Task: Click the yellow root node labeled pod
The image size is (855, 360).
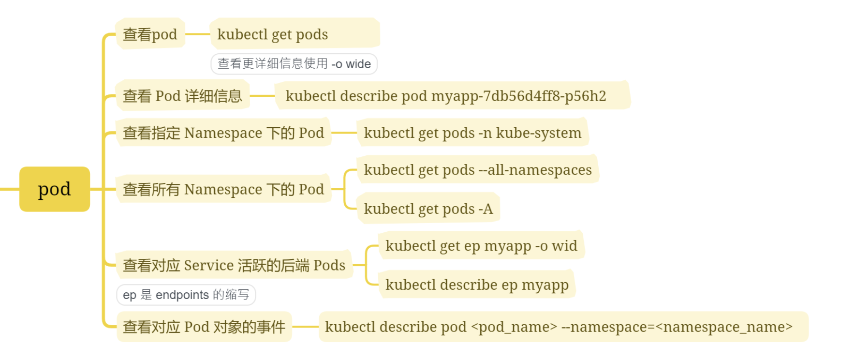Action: click(55, 189)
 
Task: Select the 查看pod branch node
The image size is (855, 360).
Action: click(150, 34)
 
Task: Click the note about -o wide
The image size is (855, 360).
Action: click(294, 64)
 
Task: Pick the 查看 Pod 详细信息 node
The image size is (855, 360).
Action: click(182, 96)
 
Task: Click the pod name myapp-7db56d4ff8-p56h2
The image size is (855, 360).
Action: click(518, 96)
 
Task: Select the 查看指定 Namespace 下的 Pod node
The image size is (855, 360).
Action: click(223, 133)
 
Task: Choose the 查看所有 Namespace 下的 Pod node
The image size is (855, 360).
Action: click(223, 189)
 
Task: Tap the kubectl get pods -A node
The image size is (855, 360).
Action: click(428, 209)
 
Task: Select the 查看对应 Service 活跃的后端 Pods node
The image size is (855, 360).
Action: click(234, 265)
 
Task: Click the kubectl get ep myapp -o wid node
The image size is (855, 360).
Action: click(481, 246)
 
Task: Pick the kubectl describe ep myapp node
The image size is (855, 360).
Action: click(477, 285)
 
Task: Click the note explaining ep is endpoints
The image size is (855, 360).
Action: click(186, 295)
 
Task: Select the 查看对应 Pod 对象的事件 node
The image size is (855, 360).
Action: click(204, 327)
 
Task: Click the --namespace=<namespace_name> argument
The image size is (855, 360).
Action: click(677, 327)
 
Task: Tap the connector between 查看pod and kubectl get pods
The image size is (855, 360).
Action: click(197, 34)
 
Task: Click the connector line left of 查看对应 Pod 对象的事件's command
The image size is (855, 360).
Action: click(305, 327)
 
